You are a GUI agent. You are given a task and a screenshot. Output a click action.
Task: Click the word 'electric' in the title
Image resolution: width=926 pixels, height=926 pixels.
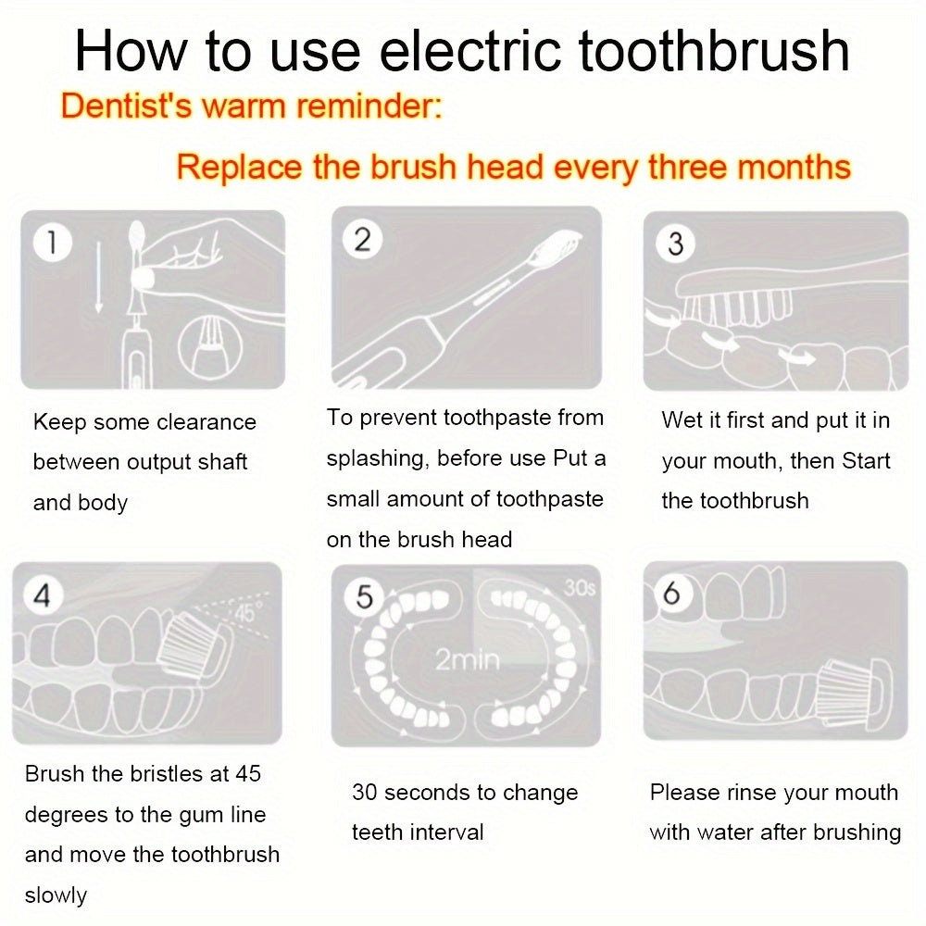pyautogui.click(x=470, y=51)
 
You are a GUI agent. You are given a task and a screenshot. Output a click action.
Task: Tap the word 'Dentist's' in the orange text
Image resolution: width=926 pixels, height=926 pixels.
pyautogui.click(x=126, y=106)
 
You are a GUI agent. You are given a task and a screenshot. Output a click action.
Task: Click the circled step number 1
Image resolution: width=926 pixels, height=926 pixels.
pyautogui.click(x=53, y=242)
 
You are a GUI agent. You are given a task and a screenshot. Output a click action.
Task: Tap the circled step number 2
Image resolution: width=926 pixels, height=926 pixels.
pyautogui.click(x=362, y=240)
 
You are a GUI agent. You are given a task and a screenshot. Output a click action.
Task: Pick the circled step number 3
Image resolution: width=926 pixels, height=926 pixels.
pyautogui.click(x=675, y=244)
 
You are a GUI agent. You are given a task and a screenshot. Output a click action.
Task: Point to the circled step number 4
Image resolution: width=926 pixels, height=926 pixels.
pyautogui.click(x=43, y=594)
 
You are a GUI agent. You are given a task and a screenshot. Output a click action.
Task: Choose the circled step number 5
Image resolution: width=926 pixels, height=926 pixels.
pyautogui.click(x=364, y=597)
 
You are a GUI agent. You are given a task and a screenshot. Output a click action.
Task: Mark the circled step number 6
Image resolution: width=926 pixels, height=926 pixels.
pyautogui.click(x=671, y=593)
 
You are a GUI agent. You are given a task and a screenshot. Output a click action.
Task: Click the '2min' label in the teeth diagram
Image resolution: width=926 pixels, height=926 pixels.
pyautogui.click(x=467, y=659)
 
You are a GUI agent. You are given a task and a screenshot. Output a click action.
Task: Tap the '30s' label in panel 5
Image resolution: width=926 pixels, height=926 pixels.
pyautogui.click(x=580, y=588)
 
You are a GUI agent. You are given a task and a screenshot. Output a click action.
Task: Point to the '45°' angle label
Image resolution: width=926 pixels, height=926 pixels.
pyautogui.click(x=245, y=614)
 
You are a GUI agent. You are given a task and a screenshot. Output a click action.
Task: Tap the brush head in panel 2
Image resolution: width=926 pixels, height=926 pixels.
pyautogui.click(x=552, y=250)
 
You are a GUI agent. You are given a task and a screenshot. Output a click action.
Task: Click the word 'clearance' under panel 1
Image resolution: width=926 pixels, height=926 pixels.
pyautogui.click(x=206, y=422)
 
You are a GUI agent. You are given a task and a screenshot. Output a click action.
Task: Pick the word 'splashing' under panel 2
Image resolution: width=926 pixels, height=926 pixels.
pyautogui.click(x=377, y=459)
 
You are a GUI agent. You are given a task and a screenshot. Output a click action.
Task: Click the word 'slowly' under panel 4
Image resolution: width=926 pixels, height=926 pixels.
pyautogui.click(x=56, y=895)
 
